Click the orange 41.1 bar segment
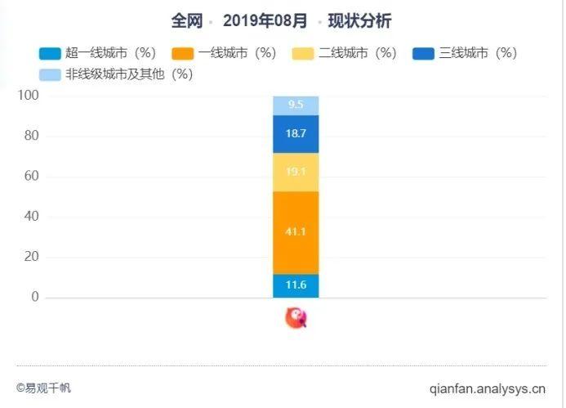point(296,232)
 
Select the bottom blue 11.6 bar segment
point(296,285)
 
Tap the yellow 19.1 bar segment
point(296,173)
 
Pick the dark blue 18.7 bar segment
point(296,134)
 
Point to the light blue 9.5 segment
point(296,105)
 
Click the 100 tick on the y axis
point(29,96)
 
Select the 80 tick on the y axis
point(31,136)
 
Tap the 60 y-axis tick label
point(31,176)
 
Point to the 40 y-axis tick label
point(31,217)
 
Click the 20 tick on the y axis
point(31,257)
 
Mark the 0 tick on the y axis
point(35,297)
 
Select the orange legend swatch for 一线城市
point(183,54)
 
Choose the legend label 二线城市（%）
point(358,54)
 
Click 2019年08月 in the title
point(265,21)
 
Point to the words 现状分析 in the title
point(359,21)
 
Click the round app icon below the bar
point(296,318)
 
